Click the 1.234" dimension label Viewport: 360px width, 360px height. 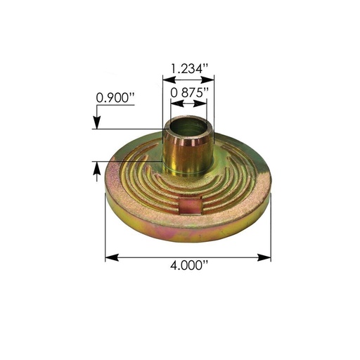coord(188,68)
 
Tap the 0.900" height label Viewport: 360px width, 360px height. coord(115,98)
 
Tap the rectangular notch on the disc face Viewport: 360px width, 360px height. coord(188,206)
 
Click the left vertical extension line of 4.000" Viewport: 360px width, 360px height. coord(105,232)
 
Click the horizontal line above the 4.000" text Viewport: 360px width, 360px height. coord(188,257)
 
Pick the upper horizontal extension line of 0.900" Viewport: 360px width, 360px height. coord(130,128)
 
